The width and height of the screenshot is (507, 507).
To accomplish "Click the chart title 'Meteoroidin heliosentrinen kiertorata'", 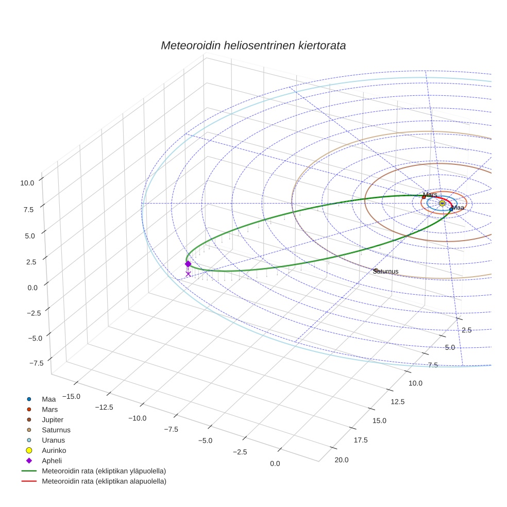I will click(x=253, y=45).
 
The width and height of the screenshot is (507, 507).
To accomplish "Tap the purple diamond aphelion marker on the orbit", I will click(x=188, y=264).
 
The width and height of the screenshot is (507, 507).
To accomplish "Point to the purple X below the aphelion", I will click(x=188, y=274).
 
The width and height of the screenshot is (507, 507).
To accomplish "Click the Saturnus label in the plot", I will click(x=386, y=271).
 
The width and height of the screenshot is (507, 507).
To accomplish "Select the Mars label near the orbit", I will click(x=430, y=195).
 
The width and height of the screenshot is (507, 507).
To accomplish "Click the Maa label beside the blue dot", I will click(x=458, y=208).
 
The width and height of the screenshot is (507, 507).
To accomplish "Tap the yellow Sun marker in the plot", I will click(x=442, y=204).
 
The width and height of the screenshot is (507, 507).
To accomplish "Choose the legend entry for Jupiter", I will click(x=53, y=419).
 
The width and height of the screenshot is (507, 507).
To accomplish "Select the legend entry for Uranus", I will click(x=53, y=440).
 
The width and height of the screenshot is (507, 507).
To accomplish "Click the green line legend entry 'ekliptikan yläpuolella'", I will click(x=104, y=471).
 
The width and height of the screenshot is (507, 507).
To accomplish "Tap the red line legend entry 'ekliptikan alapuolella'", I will click(x=104, y=481).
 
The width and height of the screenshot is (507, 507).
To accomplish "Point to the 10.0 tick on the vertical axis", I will click(x=28, y=182).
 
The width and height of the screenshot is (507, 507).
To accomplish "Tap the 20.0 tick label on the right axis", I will click(x=341, y=460).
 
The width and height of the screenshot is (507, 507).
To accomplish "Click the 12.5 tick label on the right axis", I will click(x=397, y=402).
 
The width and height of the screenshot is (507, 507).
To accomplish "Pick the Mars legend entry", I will click(x=49, y=409).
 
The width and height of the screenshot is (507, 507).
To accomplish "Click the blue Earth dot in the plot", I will click(x=451, y=209).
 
